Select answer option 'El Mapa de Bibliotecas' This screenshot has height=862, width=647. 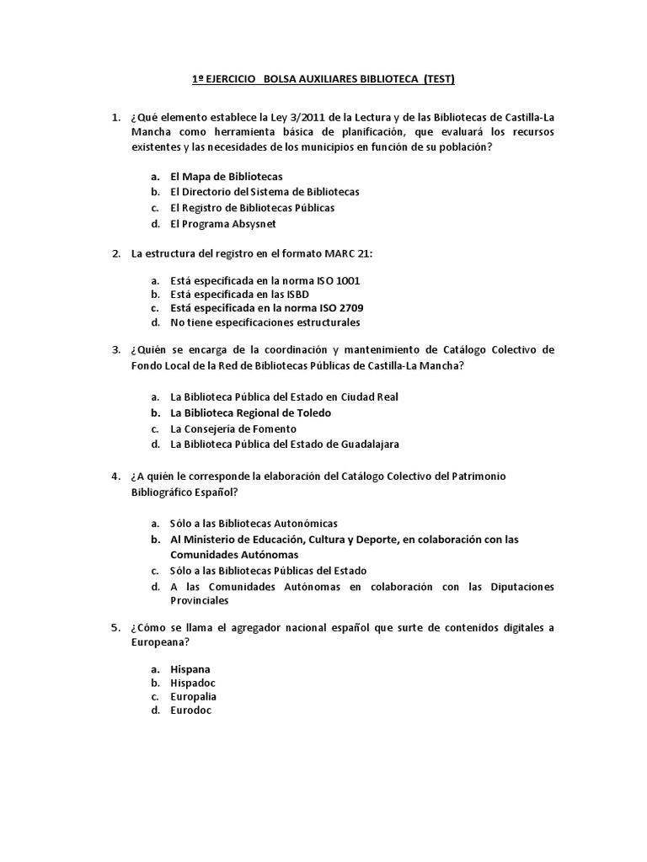pos(226,177)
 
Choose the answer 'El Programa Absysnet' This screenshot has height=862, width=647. pos(222,224)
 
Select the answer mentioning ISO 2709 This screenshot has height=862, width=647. pos(266,308)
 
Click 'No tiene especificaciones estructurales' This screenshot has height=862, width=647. pos(265,322)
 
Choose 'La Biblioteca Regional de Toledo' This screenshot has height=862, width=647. pos(250,412)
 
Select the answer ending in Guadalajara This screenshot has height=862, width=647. pos(284,444)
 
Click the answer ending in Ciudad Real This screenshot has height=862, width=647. pos(284,396)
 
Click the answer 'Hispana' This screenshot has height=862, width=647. pos(190,669)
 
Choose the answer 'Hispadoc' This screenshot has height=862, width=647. pos(193,683)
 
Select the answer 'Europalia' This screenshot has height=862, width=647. pos(193,696)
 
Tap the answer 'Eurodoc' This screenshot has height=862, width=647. pos(190,710)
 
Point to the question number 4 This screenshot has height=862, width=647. pos(116,476)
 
